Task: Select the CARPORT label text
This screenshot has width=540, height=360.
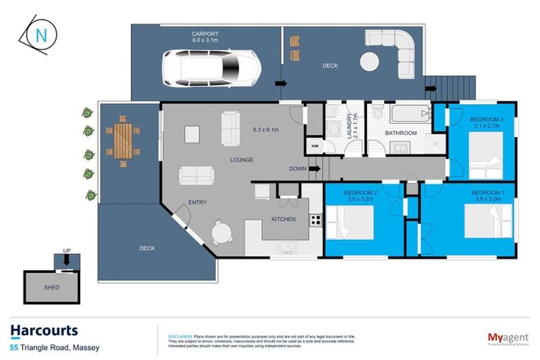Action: (x=206, y=33)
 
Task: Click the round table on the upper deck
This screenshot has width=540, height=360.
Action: (x=371, y=62)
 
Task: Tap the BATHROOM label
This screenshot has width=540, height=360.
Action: (x=401, y=133)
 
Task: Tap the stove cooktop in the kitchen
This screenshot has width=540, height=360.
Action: (x=316, y=220)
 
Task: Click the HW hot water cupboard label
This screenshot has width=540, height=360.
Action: (x=314, y=146)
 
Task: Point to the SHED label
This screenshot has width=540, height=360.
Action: (x=51, y=288)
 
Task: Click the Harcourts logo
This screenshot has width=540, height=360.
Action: (x=44, y=331)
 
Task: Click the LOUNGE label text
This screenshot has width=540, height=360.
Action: (x=241, y=160)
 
